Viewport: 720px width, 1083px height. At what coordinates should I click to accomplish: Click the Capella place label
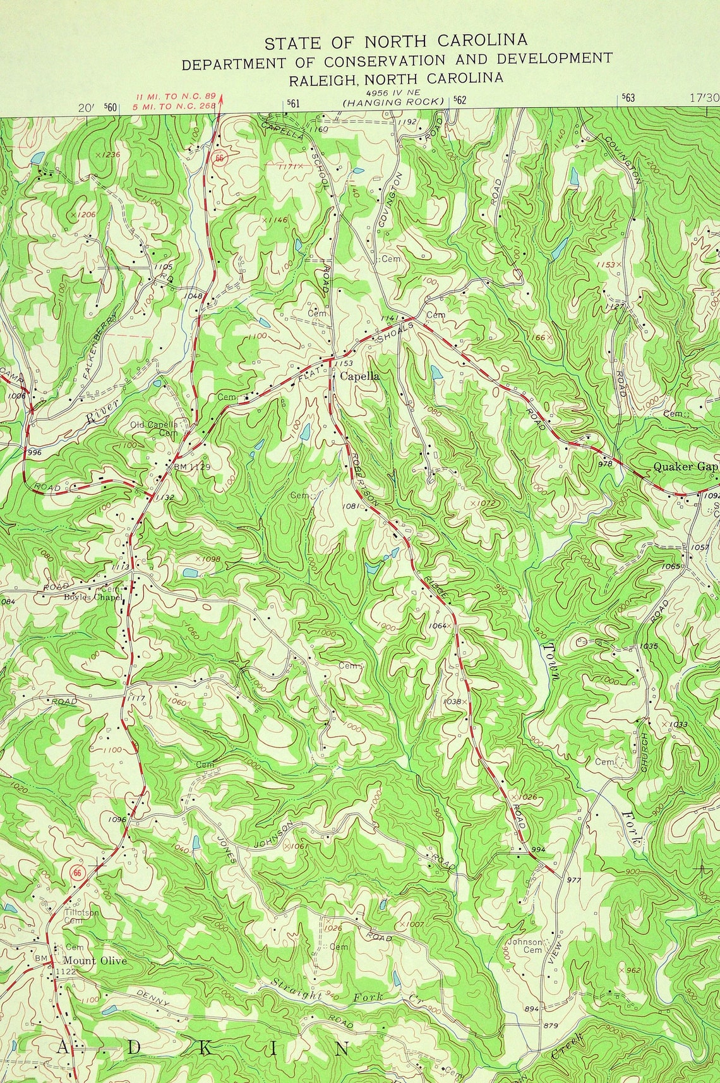(x=360, y=376)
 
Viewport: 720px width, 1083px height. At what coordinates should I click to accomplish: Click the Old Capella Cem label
(x=155, y=428)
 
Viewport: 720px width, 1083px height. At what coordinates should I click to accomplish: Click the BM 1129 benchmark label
(x=191, y=467)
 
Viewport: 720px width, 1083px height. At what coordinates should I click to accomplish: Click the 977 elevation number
(x=573, y=880)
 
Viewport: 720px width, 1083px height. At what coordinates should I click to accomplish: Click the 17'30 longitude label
(x=704, y=98)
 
